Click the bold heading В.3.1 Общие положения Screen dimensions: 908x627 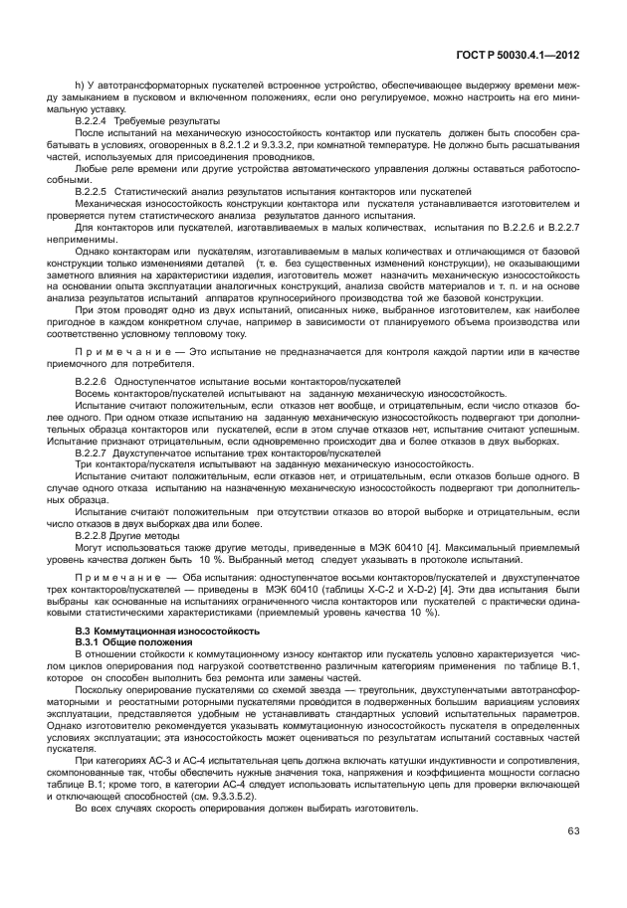click(x=135, y=641)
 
